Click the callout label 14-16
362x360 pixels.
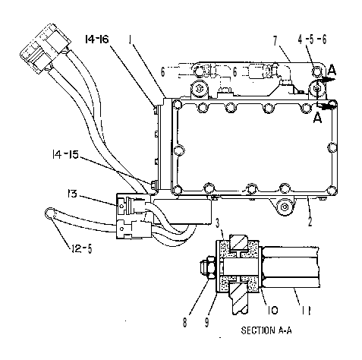[96, 39]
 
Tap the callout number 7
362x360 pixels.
[275, 41]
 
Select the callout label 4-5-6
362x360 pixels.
[312, 39]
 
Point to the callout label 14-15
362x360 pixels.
[65, 154]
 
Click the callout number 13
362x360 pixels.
[72, 194]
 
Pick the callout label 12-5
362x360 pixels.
[81, 248]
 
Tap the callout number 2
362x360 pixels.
[310, 221]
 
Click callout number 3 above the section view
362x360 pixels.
[217, 223]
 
